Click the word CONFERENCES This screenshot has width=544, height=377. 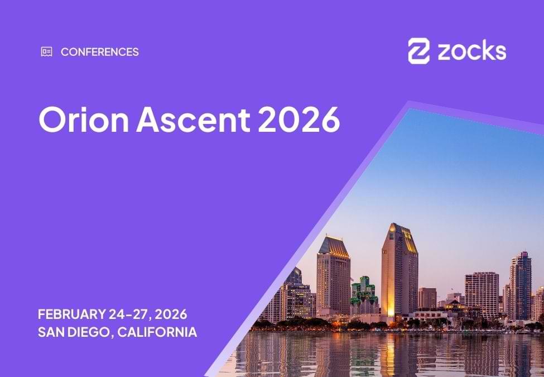click(100, 52)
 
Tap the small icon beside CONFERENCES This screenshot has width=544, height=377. click(46, 52)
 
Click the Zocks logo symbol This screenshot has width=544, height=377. click(418, 51)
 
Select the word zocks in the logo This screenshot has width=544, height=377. click(471, 51)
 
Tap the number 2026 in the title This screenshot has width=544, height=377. click(299, 118)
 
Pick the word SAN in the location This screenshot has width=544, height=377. click(51, 332)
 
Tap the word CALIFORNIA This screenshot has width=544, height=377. click(157, 332)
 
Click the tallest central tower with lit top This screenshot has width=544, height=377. click(399, 268)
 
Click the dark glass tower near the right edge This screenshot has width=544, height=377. click(520, 285)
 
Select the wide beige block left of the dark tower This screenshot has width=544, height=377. click(482, 293)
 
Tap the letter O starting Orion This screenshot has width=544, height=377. click(51, 118)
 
